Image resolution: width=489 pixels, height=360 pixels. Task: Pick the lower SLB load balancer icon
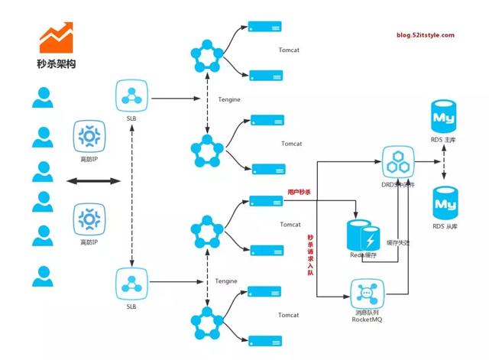coord(134,282)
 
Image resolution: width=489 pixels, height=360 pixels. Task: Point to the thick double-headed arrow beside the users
coord(94,181)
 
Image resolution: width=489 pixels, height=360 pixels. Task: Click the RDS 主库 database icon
coord(445,118)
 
